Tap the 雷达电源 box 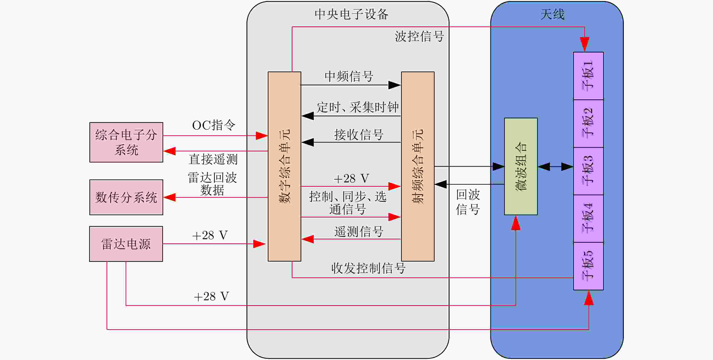[126, 244]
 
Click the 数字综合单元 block [284, 166]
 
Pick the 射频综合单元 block [418, 166]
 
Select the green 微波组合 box [521, 166]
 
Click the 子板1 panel [588, 76]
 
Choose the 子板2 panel [588, 123]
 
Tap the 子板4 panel [588, 219]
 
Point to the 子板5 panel [588, 266]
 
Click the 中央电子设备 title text [352, 14]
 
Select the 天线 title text [553, 14]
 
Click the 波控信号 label [419, 36]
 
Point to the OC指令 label [214, 125]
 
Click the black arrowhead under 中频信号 [394, 85]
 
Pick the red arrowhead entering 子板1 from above [584, 44]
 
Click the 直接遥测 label [213, 159]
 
